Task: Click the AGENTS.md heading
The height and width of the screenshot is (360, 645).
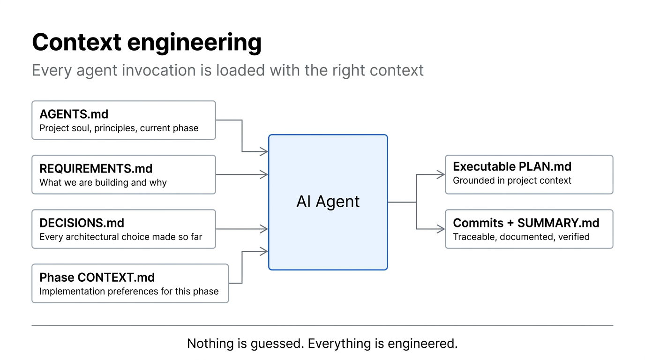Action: point(74,114)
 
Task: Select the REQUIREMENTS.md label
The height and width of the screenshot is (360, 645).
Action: point(96,169)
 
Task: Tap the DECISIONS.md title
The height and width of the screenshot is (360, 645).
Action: point(82,223)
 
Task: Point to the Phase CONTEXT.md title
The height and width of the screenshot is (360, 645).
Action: point(97,277)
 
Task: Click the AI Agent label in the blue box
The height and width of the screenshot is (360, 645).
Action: point(328,202)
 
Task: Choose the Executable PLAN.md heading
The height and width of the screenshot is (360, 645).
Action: point(512,167)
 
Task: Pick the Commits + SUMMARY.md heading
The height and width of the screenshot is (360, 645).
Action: point(526,223)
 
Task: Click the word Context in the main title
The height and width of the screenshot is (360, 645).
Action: point(77,43)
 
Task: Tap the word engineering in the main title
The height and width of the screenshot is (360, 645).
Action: point(194,43)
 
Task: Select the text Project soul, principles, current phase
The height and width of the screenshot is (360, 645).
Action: point(119,128)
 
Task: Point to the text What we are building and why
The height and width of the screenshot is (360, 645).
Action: point(103,183)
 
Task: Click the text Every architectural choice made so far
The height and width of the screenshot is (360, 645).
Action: point(120,237)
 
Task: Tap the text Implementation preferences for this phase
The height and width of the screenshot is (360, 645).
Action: point(129,292)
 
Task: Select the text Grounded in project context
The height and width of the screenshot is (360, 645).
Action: point(512,181)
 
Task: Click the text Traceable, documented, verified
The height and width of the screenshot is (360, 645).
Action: point(521,237)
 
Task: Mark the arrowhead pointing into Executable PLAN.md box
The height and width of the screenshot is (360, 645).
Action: point(441,175)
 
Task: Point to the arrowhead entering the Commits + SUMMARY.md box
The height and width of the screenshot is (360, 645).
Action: point(441,229)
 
